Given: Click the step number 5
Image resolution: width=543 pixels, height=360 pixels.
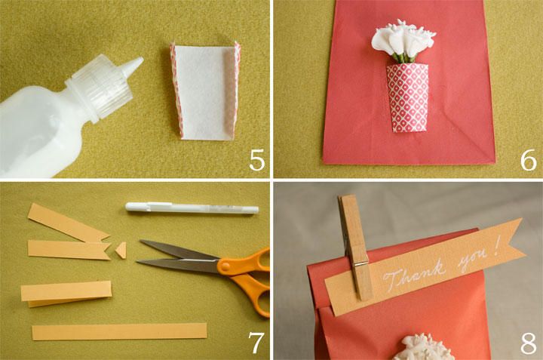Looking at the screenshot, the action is [x=256, y=160].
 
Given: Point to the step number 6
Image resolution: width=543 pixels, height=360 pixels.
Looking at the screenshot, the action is [x=528, y=160].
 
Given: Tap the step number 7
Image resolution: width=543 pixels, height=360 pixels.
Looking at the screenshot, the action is [x=256, y=343].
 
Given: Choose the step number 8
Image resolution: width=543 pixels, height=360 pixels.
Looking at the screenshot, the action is [x=528, y=343].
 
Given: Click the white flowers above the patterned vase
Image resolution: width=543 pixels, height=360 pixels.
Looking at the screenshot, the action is [x=403, y=41].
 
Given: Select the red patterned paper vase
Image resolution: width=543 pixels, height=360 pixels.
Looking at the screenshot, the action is [x=408, y=97].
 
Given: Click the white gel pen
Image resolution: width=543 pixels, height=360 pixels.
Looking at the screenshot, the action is [x=192, y=208].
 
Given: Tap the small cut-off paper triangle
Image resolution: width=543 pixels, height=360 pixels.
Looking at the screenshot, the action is [x=121, y=250].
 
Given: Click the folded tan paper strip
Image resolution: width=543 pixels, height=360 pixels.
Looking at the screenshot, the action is [x=66, y=294].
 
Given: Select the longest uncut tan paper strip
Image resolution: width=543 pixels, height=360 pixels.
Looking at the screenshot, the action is [x=119, y=331].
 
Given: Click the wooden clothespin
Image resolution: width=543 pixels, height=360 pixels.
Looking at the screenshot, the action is [x=354, y=246].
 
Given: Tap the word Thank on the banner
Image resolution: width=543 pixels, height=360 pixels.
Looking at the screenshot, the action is [x=414, y=275].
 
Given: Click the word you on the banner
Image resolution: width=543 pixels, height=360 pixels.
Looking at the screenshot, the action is [x=472, y=261].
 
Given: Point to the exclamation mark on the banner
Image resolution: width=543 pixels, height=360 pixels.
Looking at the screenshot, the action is [x=497, y=246].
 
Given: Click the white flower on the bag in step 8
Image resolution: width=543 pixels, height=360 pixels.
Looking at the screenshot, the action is [x=428, y=347].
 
